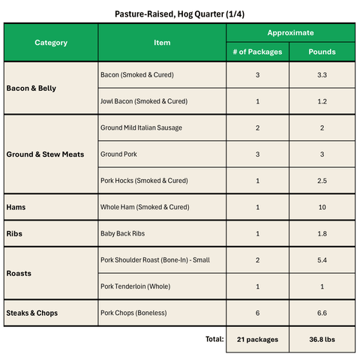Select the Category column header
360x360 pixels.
(x=51, y=43)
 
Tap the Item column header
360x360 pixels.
(x=162, y=43)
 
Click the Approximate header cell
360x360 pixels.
(x=290, y=33)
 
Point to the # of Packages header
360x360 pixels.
(x=257, y=52)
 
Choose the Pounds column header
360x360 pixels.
(x=322, y=52)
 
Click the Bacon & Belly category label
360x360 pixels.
(x=31, y=88)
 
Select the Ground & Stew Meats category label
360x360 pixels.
(x=45, y=154)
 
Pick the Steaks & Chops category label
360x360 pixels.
(x=32, y=312)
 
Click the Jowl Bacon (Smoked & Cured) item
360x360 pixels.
(x=144, y=101)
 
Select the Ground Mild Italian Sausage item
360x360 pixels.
(x=141, y=127)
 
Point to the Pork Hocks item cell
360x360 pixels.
(x=144, y=181)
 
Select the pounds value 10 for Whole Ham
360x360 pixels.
(x=322, y=207)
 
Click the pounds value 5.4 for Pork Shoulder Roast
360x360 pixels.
(x=322, y=259)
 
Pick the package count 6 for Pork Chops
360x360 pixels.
(x=257, y=312)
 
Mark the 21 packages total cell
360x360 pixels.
(x=257, y=340)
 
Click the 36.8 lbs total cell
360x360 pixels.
(x=322, y=340)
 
